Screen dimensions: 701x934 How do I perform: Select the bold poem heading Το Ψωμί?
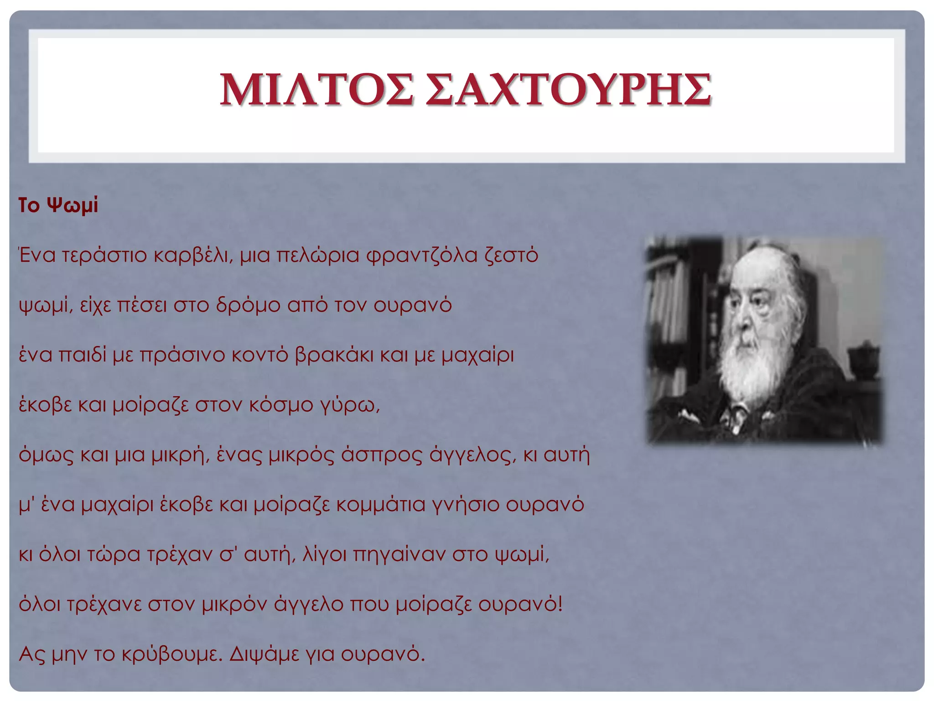(x=58, y=205)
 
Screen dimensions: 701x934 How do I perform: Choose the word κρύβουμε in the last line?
(x=171, y=654)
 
